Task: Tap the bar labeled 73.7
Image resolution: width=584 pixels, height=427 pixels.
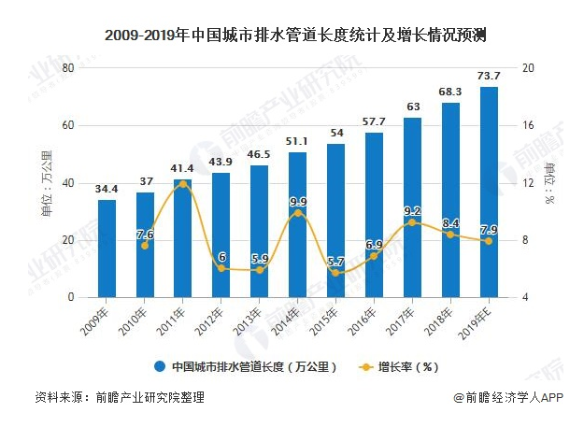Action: tap(489, 192)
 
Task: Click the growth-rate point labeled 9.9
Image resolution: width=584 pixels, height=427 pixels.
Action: tap(298, 213)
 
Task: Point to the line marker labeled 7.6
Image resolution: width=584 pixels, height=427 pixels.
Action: tap(145, 246)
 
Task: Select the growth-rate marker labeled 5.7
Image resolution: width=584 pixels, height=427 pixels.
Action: tap(336, 273)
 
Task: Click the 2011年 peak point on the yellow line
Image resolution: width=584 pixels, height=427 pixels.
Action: tap(183, 184)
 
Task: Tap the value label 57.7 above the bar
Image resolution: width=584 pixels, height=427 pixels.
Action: tap(374, 122)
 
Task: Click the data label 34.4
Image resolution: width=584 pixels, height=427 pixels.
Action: tap(107, 190)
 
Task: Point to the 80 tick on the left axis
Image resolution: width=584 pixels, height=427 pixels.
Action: tap(67, 68)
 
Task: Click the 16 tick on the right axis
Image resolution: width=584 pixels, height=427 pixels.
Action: tap(528, 126)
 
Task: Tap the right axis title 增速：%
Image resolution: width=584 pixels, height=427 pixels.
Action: tap(550, 183)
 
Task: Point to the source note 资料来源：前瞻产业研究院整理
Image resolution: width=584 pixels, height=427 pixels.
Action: tap(119, 397)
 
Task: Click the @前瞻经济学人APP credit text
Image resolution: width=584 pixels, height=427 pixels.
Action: tap(507, 397)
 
